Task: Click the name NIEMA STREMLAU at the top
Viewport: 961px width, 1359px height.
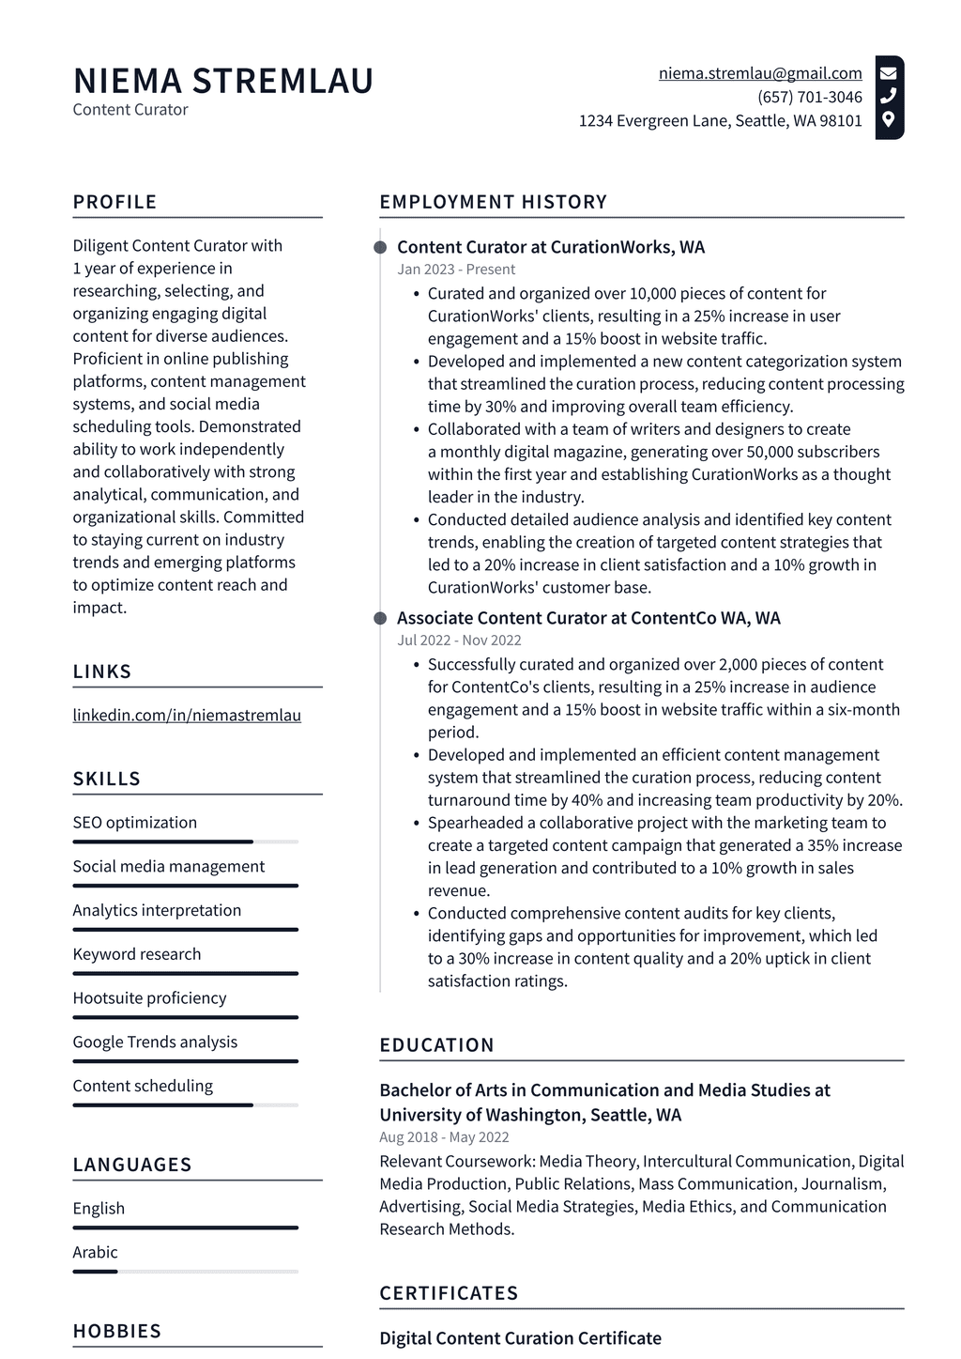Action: [x=223, y=81]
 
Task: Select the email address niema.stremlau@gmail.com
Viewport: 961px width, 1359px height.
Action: [x=759, y=73]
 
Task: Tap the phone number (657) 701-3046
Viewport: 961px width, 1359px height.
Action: [x=809, y=97]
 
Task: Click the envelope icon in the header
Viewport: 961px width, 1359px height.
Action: [x=888, y=72]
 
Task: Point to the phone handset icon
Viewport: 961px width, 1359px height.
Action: [x=888, y=96]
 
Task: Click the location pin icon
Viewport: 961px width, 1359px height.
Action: [x=888, y=119]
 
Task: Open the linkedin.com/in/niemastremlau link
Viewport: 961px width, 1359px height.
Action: [x=187, y=715]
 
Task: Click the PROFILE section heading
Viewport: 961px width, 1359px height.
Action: [x=114, y=202]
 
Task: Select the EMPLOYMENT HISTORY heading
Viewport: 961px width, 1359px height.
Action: [x=493, y=202]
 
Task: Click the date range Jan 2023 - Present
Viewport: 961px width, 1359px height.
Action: [x=455, y=270]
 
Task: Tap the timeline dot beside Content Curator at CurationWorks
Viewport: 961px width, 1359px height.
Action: [x=380, y=247]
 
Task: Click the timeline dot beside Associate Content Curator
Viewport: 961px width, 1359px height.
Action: [x=380, y=618]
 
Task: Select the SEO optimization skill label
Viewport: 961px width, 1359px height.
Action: [x=135, y=823]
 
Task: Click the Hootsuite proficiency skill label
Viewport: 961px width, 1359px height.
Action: [x=149, y=997]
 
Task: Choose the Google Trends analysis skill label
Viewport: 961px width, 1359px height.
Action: [x=155, y=1042]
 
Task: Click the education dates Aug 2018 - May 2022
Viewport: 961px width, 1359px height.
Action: [x=444, y=1137]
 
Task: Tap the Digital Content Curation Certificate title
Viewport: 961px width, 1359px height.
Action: [x=520, y=1338]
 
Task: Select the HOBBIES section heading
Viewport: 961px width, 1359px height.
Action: [x=117, y=1331]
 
